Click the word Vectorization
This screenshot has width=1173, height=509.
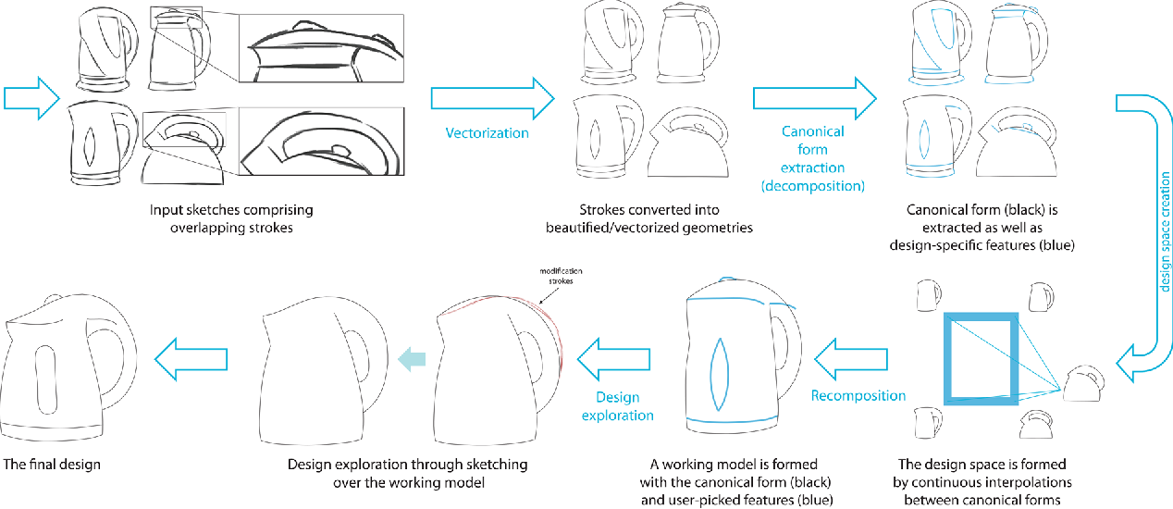(487, 133)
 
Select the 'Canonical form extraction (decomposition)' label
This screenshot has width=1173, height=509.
(812, 158)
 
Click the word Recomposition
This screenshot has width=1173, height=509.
(858, 396)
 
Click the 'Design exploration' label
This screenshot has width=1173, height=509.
(617, 406)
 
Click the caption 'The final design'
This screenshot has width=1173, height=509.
(52, 464)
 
